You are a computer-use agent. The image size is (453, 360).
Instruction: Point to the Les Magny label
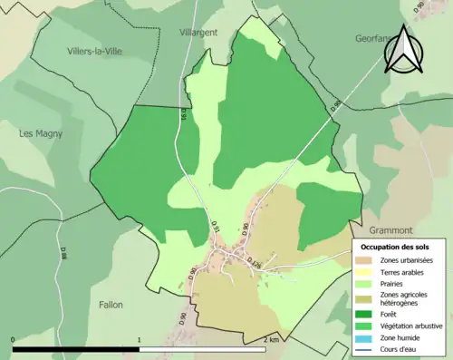coord(41,133)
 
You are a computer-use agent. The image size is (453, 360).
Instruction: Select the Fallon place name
coord(111,305)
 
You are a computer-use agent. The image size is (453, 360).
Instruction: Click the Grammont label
coord(391,230)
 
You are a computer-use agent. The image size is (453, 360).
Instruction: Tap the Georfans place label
coord(374,41)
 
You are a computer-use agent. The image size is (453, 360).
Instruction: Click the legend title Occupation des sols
coord(395,247)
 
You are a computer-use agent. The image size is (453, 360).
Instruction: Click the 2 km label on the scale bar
coord(270,339)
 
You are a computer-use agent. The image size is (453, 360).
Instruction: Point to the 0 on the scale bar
coord(14,339)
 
